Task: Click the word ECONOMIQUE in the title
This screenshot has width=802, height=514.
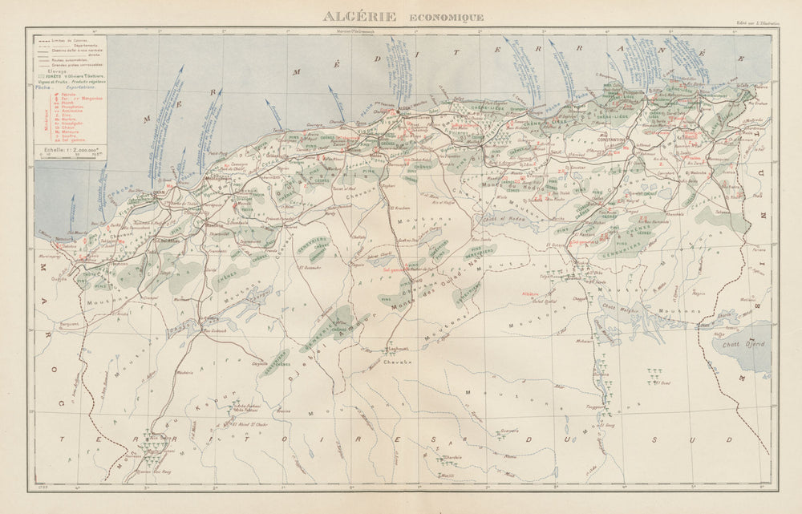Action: click(x=446, y=17)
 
